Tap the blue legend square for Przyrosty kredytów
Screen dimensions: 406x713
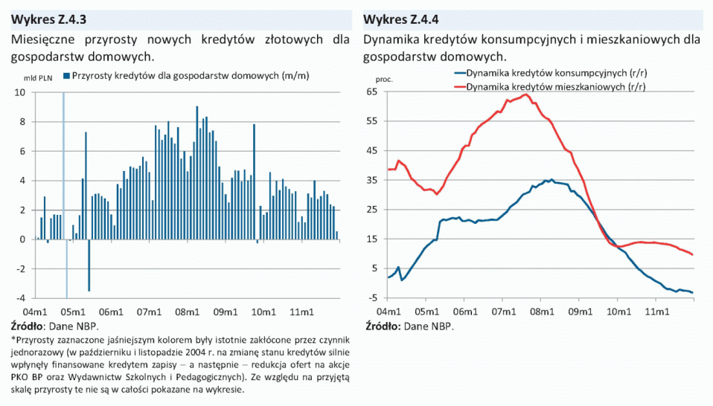tap(66, 76)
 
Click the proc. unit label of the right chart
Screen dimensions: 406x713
tap(383, 78)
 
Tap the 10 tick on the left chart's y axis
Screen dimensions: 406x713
tap(20, 93)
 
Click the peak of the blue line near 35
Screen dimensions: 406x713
tap(551, 179)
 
